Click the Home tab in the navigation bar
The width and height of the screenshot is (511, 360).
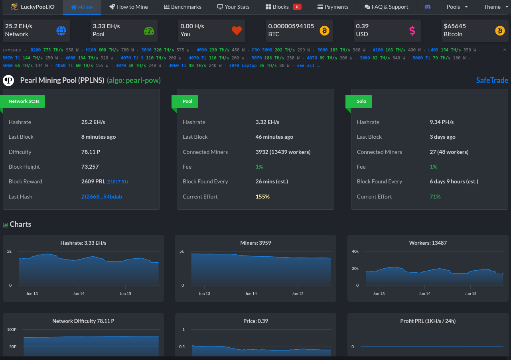click(x=82, y=7)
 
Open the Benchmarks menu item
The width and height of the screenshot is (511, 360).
click(x=183, y=7)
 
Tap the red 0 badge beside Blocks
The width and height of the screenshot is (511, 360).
click(x=297, y=7)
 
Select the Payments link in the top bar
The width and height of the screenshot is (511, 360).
click(x=333, y=7)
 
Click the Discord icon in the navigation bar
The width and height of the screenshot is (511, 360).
click(x=428, y=7)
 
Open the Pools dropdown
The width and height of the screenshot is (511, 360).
click(x=457, y=7)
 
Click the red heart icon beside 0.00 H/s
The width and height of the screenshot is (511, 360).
click(x=237, y=31)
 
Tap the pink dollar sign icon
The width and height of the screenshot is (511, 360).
click(x=412, y=31)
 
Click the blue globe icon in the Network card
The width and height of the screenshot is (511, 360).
click(x=61, y=31)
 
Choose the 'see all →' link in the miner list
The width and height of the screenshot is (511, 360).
click(x=308, y=66)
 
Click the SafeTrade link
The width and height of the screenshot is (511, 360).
click(x=492, y=80)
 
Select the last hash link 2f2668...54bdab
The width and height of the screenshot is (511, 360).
click(x=101, y=197)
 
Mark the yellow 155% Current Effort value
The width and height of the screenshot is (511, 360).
click(x=262, y=197)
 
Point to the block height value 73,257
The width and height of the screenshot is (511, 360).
click(x=90, y=167)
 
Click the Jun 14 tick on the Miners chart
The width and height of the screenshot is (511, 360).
click(x=251, y=293)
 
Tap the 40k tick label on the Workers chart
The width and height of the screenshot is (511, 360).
click(x=355, y=251)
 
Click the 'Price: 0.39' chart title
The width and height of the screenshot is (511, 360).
click(x=255, y=321)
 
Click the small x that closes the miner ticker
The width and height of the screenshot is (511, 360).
click(x=505, y=49)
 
